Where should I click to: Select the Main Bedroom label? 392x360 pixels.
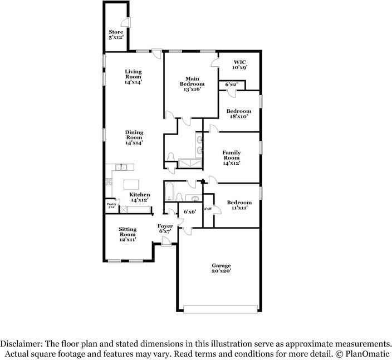189,83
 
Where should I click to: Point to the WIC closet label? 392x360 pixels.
239,64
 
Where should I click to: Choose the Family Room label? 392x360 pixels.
231,158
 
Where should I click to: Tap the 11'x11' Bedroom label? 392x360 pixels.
239,205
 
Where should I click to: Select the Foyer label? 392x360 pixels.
165,228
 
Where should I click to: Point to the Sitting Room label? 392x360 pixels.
127,235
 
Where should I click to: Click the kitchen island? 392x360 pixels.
131,185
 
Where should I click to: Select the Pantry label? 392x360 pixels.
111,206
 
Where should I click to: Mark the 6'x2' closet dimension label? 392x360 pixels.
231,85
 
